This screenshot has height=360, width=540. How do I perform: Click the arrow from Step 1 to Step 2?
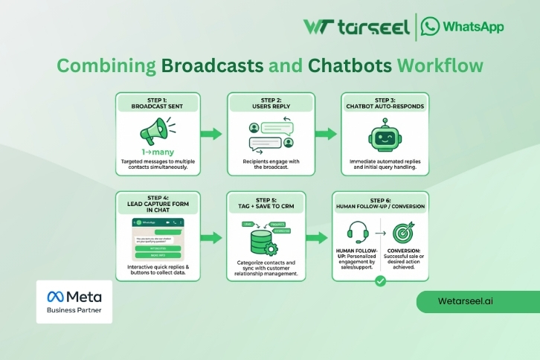[211, 134]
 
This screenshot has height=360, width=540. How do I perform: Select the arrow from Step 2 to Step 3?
[326, 134]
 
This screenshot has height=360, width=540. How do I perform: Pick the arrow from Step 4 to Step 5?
[211, 238]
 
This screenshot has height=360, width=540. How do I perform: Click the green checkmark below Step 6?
[380, 281]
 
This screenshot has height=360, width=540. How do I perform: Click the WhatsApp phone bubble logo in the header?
[429, 27]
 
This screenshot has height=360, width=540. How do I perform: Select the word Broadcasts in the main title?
[212, 65]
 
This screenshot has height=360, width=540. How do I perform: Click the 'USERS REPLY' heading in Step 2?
[270, 107]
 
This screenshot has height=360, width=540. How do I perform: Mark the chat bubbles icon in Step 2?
[270, 135]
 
